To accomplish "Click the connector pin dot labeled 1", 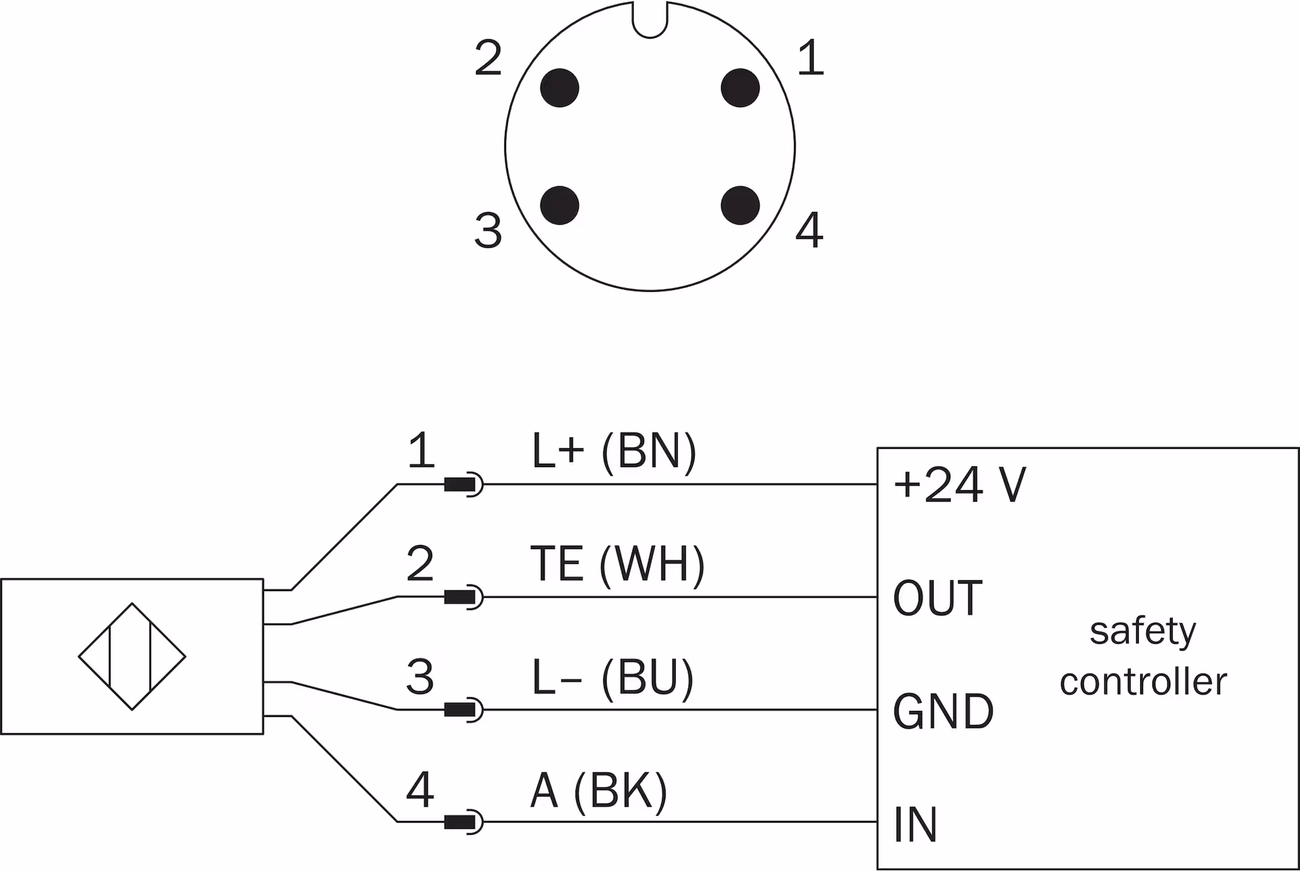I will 740,88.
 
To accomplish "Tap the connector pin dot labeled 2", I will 559,88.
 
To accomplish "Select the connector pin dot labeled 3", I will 559,205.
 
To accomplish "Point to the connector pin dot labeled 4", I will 740,205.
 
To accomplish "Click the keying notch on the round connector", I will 650,19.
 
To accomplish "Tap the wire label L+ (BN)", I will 613,451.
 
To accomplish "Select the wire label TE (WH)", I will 617,564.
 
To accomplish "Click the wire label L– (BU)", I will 613,677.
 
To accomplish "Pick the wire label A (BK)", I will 599,790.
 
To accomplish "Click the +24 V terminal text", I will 960,485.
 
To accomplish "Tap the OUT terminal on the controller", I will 938,598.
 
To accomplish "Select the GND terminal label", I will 943,712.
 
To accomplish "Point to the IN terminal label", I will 915,825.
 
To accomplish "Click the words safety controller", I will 1143,656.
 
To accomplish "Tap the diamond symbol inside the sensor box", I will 132,656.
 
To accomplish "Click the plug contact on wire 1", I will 463,485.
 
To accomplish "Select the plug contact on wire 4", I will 463,823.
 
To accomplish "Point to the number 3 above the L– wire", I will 420,676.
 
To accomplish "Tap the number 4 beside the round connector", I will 809,230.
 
